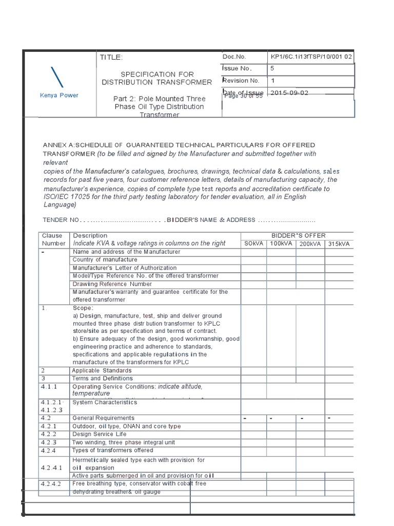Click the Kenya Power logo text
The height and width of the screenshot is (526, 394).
[59, 95]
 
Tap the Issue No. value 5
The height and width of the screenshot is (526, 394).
[272, 68]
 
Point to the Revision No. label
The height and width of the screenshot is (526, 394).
[241, 81]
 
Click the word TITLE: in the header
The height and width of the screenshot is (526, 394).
[111, 57]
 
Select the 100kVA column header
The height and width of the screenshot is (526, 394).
[281, 243]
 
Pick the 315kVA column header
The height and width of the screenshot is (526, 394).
[339, 243]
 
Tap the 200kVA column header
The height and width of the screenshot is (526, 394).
[309, 243]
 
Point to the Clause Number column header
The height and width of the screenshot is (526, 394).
[53, 239]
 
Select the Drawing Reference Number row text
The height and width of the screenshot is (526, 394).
[112, 284]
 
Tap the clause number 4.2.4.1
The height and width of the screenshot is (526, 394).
[51, 468]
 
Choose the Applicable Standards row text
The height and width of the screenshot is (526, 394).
[102, 370]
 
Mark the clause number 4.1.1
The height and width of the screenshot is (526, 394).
[49, 386]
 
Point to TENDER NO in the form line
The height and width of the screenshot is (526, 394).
[61, 220]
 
